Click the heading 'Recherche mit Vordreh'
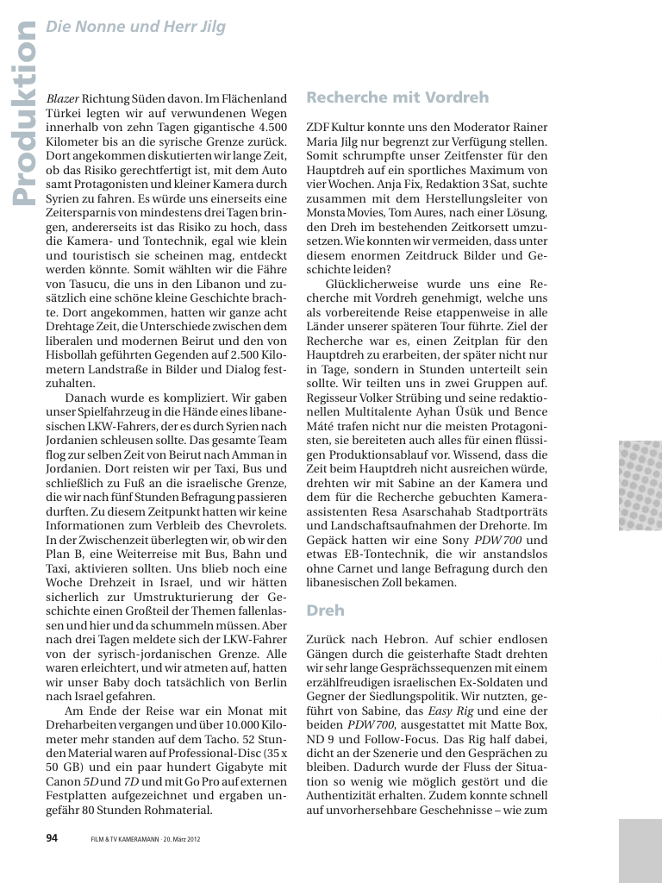pyautogui.click(x=397, y=97)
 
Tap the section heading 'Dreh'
pyautogui.click(x=325, y=610)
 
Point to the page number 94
pyautogui.click(x=51, y=836)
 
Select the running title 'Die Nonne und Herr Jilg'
pyautogui.click(x=135, y=27)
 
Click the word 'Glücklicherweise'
pyautogui.click(x=372, y=283)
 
